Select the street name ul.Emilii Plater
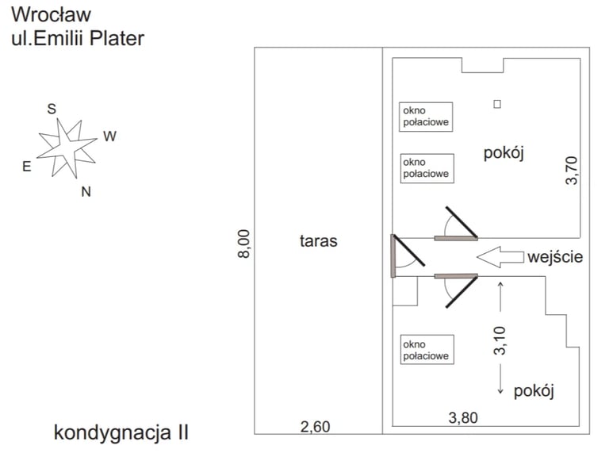coord(78,38)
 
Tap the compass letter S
coord(52,109)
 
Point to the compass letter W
coord(109,136)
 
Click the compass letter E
coord(26,167)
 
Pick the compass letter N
coord(86,191)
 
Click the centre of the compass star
coord(67,148)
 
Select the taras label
coord(319,240)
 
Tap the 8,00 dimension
coord(244,243)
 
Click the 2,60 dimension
coord(315,427)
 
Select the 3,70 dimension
coord(573,171)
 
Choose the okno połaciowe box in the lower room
coord(426,350)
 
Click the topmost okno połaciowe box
coord(426,116)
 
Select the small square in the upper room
coord(497,104)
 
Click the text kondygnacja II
coord(121,432)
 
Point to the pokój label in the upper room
coord(505,153)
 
